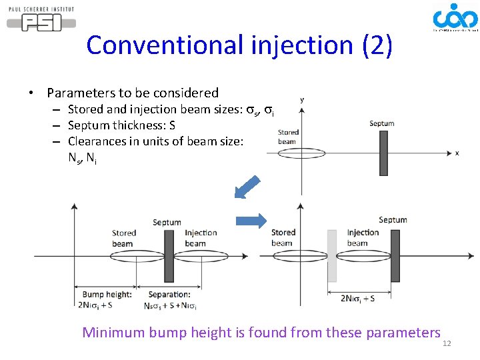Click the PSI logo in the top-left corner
point(41,19)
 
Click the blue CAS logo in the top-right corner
point(455,18)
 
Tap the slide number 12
point(447,343)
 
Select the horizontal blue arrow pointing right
point(251,221)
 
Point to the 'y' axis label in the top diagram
point(301,100)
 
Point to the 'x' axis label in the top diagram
point(457,153)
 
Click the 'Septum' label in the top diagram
point(381,123)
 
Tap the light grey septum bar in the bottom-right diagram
point(332,255)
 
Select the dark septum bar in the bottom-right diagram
point(395,255)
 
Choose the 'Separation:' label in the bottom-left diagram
point(169,294)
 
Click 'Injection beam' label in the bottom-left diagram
point(201,238)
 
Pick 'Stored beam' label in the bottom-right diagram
point(283,237)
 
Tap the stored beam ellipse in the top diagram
point(288,152)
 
